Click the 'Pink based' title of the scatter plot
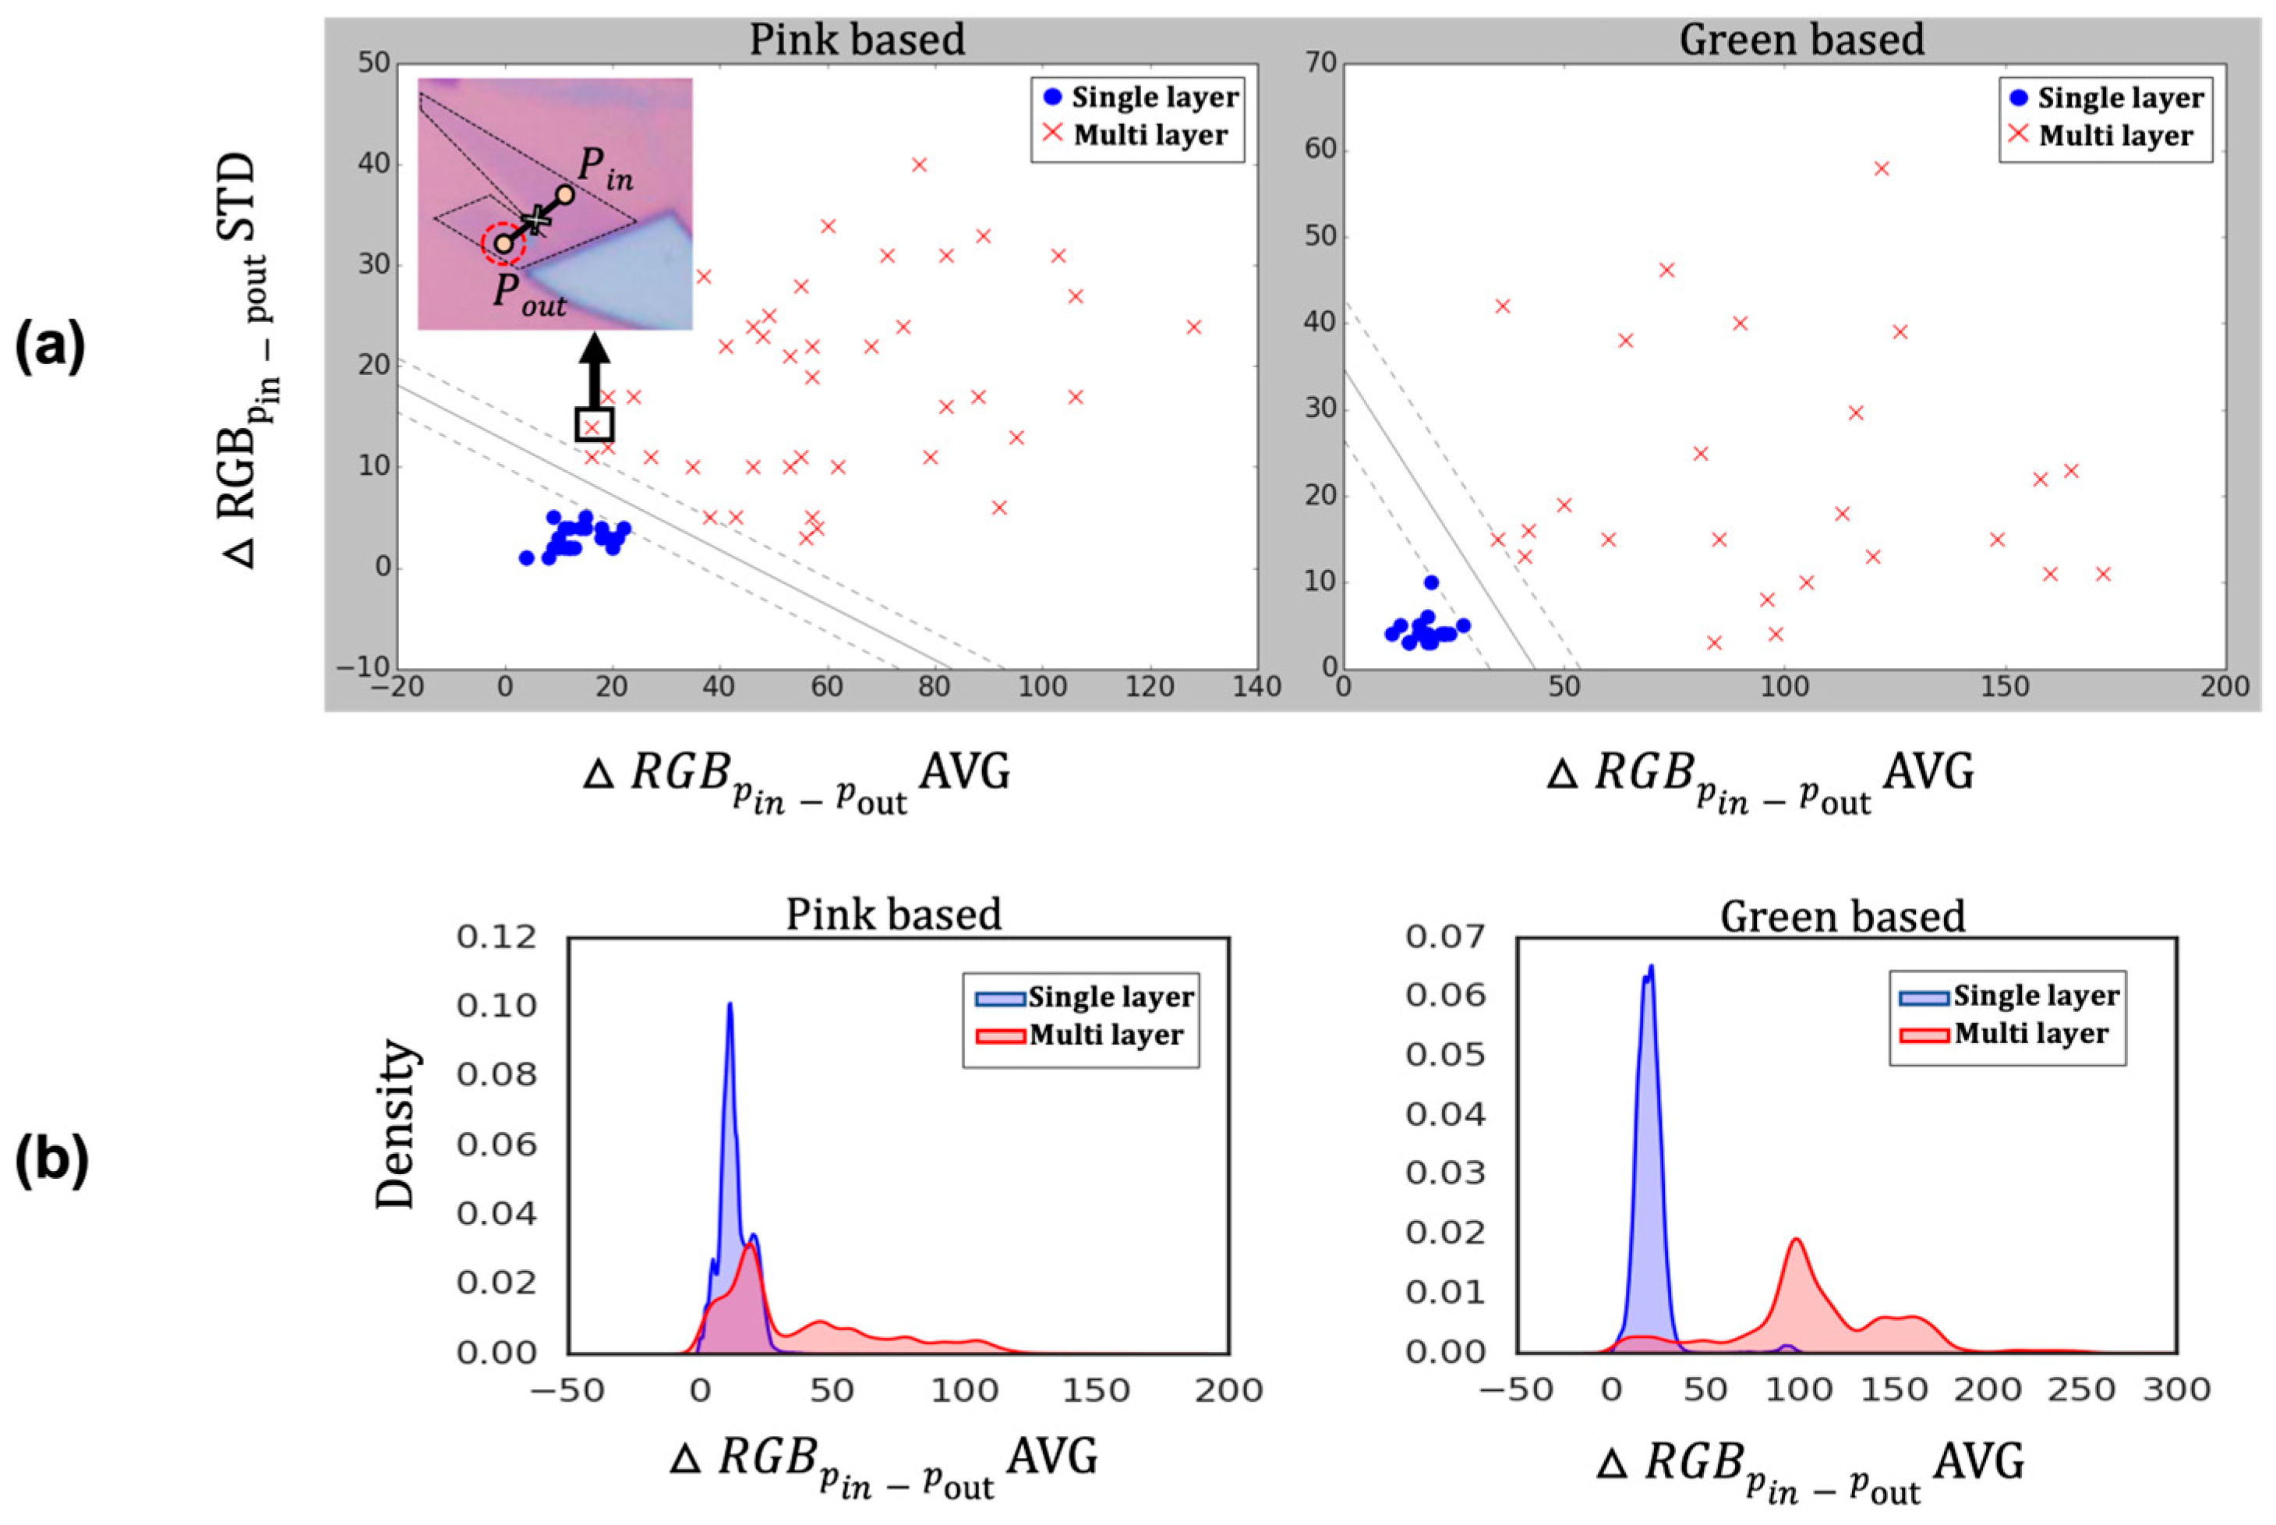point(856,40)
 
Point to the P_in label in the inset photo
point(605,168)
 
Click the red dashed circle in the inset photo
point(504,243)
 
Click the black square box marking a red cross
point(593,425)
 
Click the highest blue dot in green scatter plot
point(1430,582)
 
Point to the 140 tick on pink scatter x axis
point(1256,688)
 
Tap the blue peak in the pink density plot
point(729,1006)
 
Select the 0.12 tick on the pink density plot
point(496,936)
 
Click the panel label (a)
point(51,347)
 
